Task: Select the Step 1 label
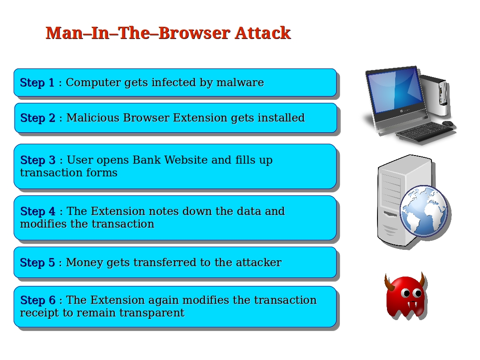point(37,83)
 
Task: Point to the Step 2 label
point(38,118)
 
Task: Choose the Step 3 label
point(38,160)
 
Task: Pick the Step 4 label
point(38,211)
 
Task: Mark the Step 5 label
point(37,263)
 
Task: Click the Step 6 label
point(38,300)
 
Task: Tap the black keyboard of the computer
point(424,132)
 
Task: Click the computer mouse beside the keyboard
point(448,123)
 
